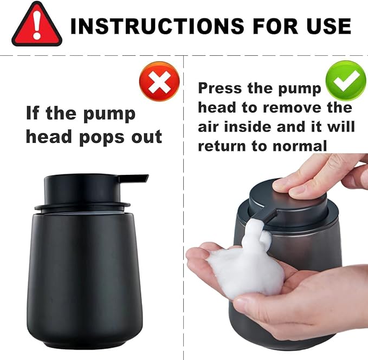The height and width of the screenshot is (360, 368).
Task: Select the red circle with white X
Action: tap(159, 82)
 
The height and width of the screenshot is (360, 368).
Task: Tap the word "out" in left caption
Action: tap(146, 136)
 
